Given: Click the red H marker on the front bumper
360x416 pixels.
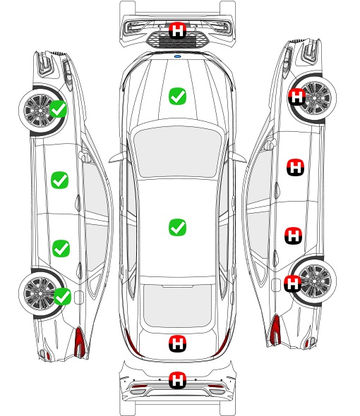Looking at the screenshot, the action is [x=177, y=30].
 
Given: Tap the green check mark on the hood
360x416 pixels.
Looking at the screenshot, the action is [x=177, y=96].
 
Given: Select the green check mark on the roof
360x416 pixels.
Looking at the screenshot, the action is [x=177, y=227].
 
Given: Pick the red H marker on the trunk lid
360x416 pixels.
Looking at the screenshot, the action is [x=177, y=343].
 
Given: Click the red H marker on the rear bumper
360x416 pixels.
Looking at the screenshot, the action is [x=177, y=380].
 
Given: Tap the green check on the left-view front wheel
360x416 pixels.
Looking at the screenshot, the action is [x=59, y=109].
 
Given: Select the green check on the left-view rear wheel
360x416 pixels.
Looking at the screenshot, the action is [x=62, y=296].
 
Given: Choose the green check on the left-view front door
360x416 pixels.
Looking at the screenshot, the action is [x=60, y=180].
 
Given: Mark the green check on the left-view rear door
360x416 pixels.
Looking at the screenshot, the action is [x=61, y=249].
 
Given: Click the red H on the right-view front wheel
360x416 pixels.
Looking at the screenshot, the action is [x=296, y=97].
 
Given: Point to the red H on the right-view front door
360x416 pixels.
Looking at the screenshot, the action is [x=296, y=167].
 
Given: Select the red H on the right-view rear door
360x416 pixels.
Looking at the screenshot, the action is [x=294, y=235].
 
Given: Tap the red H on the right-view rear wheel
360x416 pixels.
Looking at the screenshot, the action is [x=293, y=283].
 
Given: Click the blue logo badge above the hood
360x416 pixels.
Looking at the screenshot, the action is [x=177, y=56].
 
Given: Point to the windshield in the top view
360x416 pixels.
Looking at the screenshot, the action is [x=177, y=151].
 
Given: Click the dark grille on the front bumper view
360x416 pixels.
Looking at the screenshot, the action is [x=177, y=39].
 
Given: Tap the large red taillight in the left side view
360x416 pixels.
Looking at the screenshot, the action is [x=80, y=342].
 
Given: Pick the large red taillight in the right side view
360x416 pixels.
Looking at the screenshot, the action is [x=275, y=329].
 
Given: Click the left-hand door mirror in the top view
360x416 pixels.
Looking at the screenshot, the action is [x=117, y=157].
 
